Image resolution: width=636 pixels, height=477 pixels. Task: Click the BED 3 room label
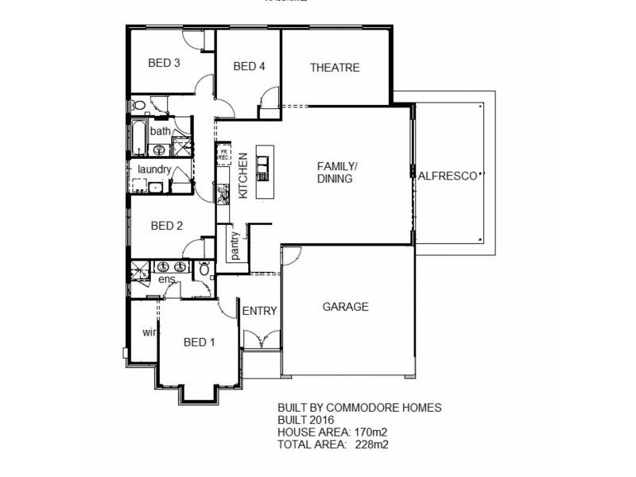(165, 64)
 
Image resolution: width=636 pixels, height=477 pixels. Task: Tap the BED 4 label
(249, 67)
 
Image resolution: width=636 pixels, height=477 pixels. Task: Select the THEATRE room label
(335, 68)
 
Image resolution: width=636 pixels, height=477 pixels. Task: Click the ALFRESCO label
(447, 175)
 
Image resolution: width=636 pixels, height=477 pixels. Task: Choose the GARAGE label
(345, 307)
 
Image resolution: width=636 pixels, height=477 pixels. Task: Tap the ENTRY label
(259, 311)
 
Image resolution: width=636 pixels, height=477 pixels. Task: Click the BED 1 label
(200, 343)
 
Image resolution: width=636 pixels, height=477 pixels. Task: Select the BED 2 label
(167, 226)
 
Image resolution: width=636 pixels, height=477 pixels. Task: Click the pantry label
(235, 245)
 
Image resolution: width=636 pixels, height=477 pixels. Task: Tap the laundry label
(154, 169)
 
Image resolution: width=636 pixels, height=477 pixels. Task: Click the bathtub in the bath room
(139, 137)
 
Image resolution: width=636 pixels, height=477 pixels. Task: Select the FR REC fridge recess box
(224, 153)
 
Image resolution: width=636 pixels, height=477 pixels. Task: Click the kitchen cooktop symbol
(223, 192)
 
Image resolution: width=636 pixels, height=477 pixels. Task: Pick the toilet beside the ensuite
(204, 270)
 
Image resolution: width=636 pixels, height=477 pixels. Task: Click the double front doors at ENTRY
(260, 339)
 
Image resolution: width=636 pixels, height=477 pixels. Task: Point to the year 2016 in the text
(322, 420)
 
